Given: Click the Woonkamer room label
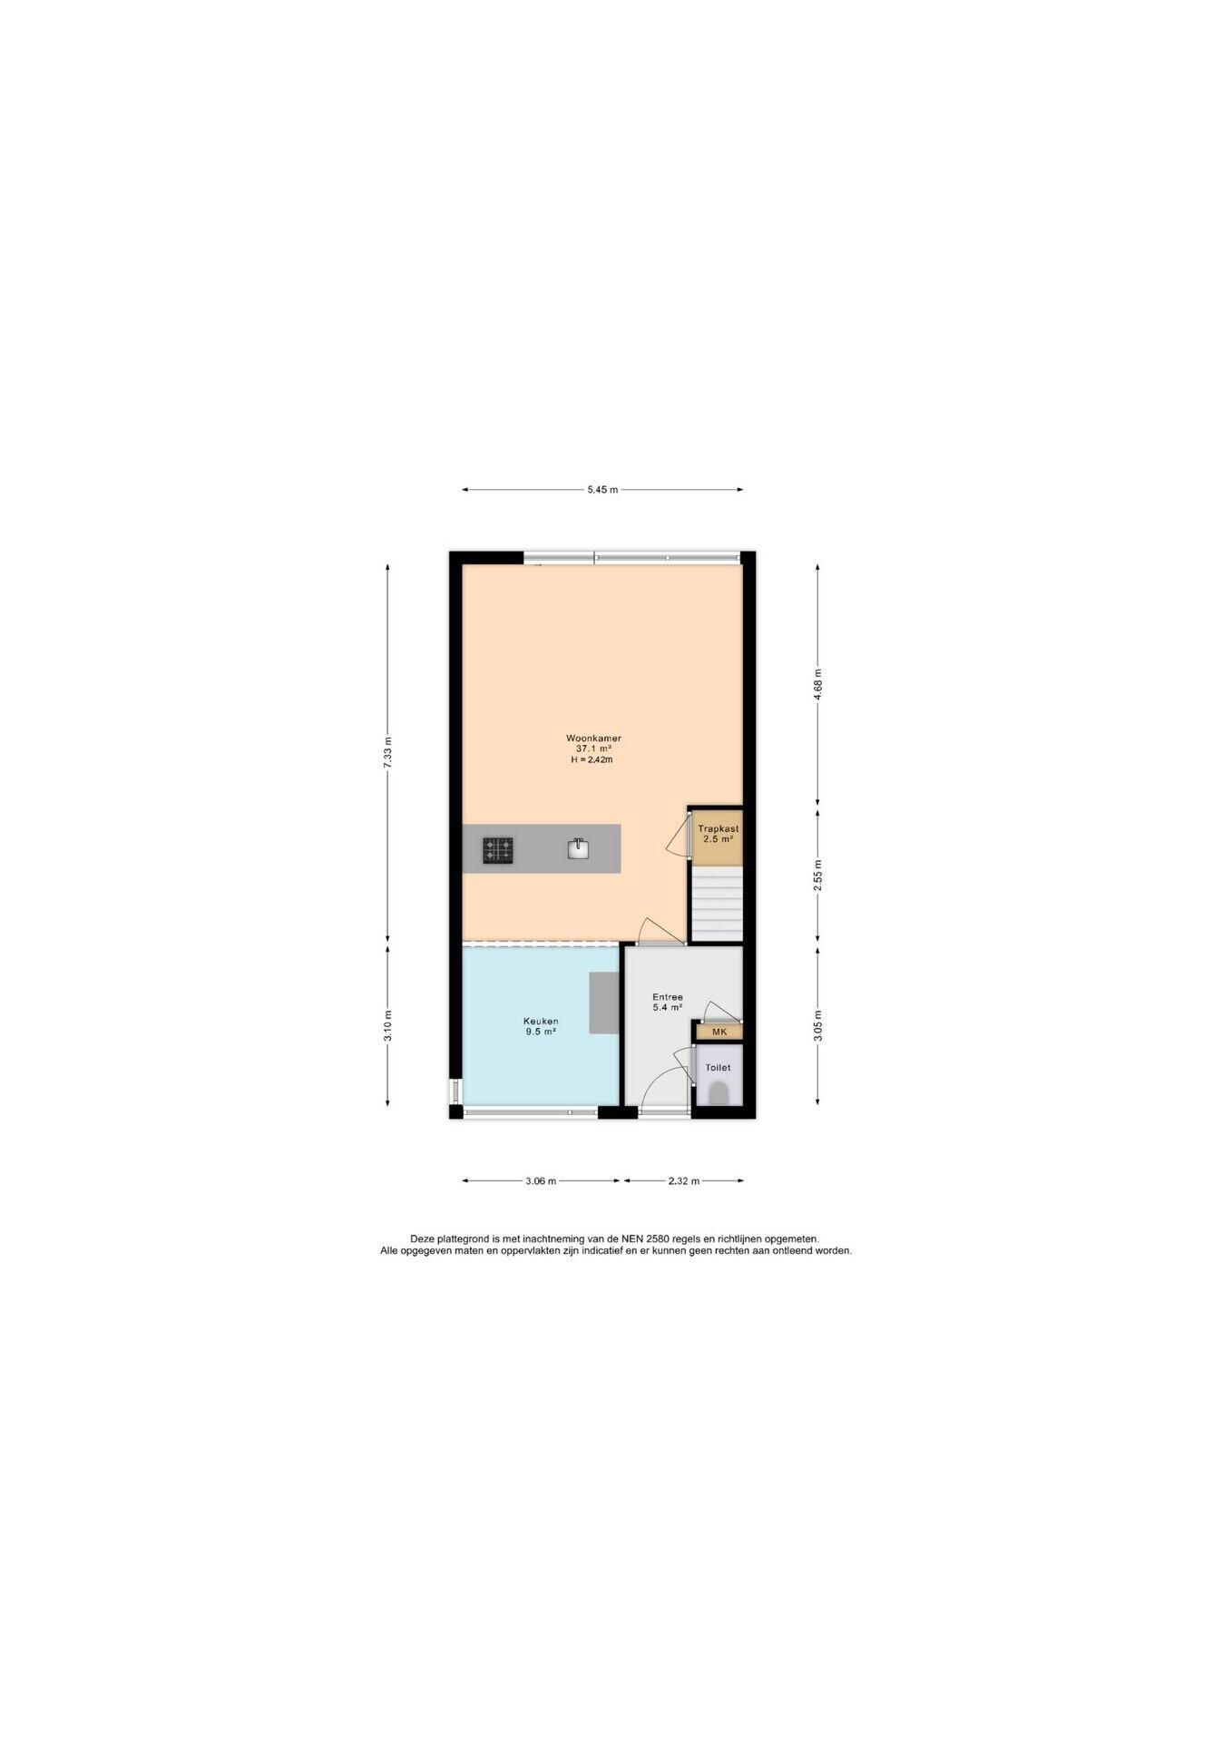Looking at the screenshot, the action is tap(593, 739).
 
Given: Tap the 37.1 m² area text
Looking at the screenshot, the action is tap(593, 749).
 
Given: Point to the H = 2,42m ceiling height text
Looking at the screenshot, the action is tap(592, 760).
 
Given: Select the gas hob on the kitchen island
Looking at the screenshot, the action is tap(497, 850).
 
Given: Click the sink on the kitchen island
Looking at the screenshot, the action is tap(578, 848).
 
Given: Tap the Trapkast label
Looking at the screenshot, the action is tap(718, 828).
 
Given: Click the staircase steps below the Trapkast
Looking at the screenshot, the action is tap(717, 905).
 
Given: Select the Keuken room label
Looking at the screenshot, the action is tap(541, 1021).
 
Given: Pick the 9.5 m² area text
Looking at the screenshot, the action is tap(541, 1032).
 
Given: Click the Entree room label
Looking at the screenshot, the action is tap(668, 997).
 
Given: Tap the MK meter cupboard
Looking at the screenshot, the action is tap(719, 1032).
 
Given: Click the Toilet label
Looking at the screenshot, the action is tap(718, 1068).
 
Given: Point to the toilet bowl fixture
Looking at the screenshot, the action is tap(719, 1092).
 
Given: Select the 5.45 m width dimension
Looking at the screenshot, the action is tap(602, 490).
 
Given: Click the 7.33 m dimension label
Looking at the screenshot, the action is tap(388, 752).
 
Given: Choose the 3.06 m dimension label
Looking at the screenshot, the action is tap(541, 1181).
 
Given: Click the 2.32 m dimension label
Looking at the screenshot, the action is tap(684, 1181).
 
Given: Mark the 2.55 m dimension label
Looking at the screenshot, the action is tap(817, 875).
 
